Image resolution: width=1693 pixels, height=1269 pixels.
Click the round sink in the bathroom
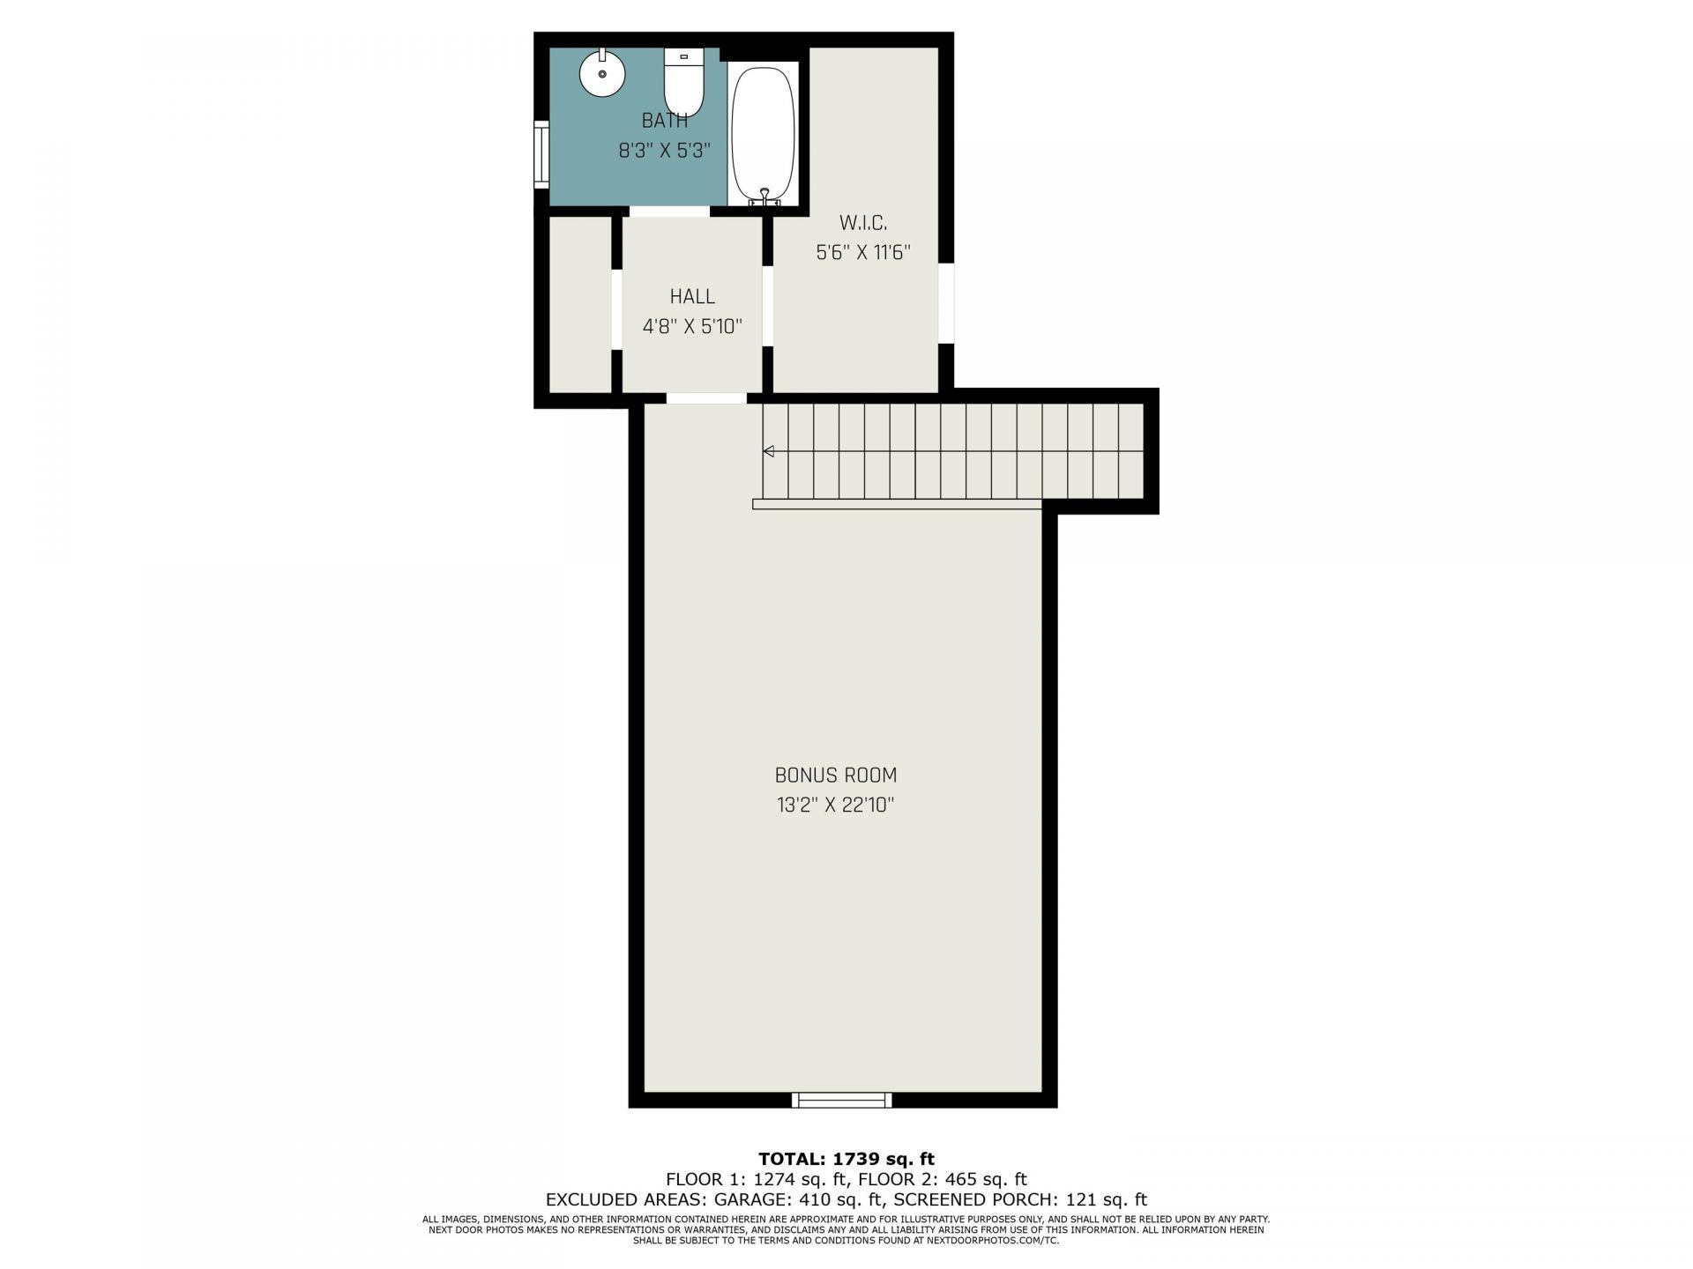(x=602, y=73)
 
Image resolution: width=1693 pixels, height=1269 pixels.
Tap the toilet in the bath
(x=683, y=83)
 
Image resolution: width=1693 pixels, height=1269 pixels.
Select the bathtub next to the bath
(x=764, y=134)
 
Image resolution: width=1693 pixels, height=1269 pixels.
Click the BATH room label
(x=665, y=121)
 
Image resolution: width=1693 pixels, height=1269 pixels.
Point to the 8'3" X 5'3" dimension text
(x=665, y=151)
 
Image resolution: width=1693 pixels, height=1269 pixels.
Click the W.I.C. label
(x=863, y=223)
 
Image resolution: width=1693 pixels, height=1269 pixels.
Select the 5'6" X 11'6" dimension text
(x=863, y=253)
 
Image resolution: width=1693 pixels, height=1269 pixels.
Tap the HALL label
(x=692, y=297)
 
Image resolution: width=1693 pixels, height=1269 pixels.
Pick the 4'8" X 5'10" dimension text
(x=692, y=327)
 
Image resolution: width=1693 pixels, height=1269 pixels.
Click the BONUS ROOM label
(x=836, y=775)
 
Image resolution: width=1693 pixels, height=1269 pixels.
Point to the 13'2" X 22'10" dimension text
(x=836, y=805)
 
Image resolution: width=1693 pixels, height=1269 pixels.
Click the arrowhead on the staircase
(x=768, y=451)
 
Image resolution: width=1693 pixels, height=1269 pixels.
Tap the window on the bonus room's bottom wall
(x=842, y=1100)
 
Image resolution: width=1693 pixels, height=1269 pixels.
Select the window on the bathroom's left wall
(x=541, y=155)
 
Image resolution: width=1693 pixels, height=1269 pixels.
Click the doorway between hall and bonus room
(x=706, y=398)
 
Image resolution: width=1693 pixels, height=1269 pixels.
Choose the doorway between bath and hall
(x=669, y=211)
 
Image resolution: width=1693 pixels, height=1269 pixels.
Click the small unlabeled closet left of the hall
(x=580, y=304)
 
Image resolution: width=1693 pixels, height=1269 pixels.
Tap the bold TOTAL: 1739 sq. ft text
(x=846, y=1159)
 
